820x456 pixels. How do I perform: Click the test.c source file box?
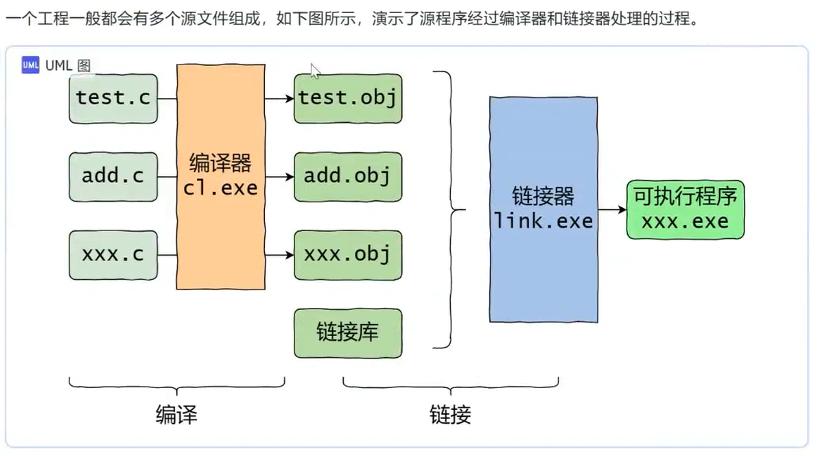pos(113,98)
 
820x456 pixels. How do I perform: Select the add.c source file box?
pos(113,176)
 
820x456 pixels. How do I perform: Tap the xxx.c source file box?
pos(113,254)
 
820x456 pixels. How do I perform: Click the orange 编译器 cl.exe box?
pos(221,176)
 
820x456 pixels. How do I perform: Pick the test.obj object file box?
pos(348,98)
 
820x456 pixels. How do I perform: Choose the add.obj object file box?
pos(348,176)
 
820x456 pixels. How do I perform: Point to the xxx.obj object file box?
pos(348,254)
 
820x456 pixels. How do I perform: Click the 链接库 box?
pos(348,333)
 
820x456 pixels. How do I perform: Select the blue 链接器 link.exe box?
pos(543,209)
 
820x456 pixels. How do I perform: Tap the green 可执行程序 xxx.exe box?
pos(685,209)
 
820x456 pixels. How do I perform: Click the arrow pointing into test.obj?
pos(280,99)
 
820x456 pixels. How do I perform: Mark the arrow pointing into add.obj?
pos(280,177)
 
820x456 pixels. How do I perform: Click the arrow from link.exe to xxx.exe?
pos(612,210)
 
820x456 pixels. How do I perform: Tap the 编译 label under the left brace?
pos(176,415)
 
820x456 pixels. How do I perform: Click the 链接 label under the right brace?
pos(450,415)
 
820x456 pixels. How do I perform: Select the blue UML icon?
pos(30,65)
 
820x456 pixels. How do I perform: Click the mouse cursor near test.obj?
pos(314,70)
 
